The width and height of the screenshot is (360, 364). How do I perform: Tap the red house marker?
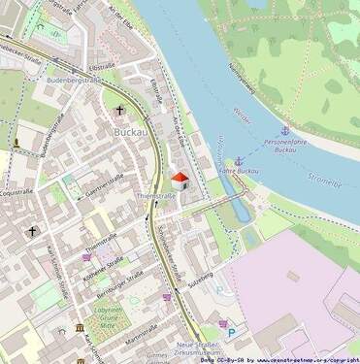[180, 179]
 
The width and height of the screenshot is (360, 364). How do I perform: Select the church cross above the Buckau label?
[120, 111]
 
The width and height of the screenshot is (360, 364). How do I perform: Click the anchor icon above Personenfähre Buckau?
[284, 130]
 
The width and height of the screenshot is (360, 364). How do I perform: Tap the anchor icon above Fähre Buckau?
[239, 160]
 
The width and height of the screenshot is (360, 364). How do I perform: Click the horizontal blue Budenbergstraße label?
[75, 81]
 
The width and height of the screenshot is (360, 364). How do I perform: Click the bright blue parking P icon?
[231, 332]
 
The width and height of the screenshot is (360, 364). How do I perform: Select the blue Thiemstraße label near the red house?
[155, 195]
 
